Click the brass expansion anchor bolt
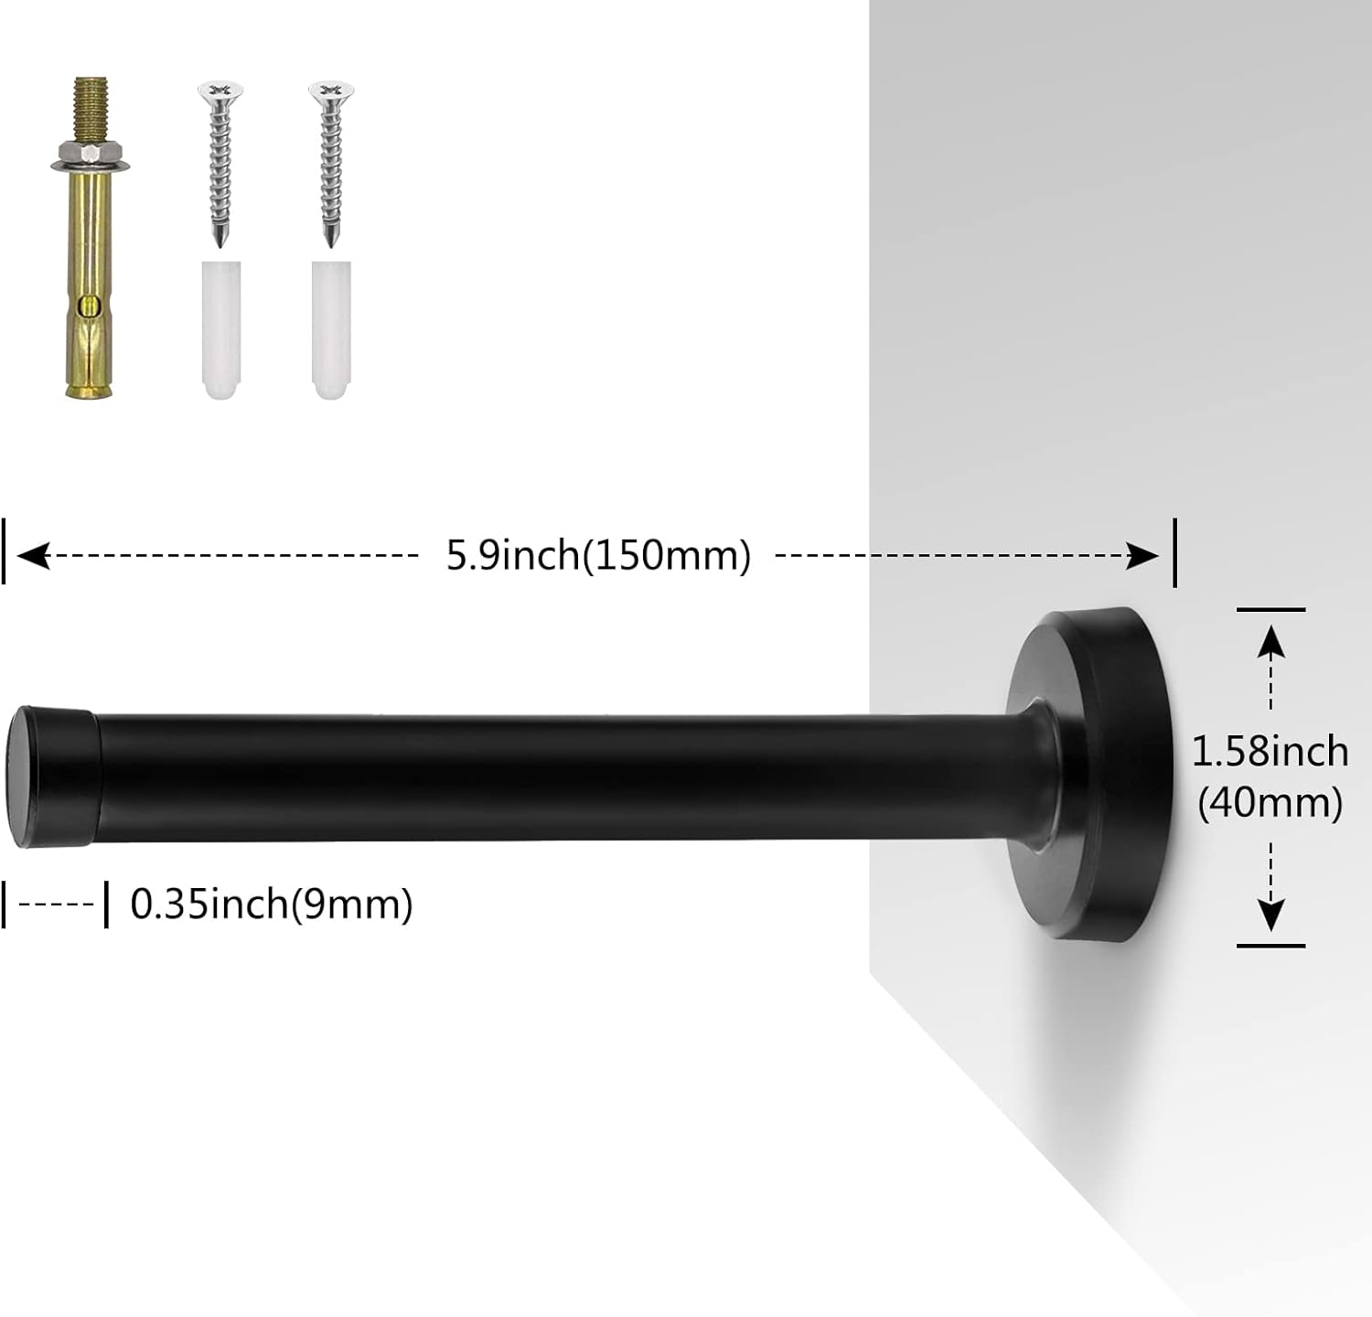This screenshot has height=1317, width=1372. click(89, 274)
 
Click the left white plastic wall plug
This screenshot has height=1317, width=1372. click(220, 329)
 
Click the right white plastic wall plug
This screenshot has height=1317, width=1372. click(331, 329)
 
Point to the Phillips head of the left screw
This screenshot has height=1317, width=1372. click(220, 90)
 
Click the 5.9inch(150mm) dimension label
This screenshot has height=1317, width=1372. click(598, 555)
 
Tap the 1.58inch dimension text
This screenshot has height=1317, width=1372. click(1270, 752)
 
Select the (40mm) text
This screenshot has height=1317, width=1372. click(1270, 803)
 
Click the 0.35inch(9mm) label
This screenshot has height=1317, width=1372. click(272, 905)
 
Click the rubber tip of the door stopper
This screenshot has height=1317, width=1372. click(52, 776)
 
